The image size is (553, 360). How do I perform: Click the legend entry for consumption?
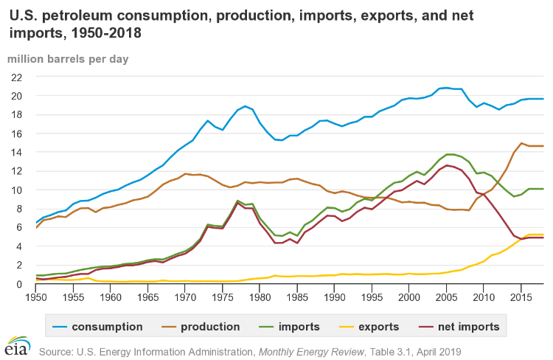(x=106, y=326)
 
